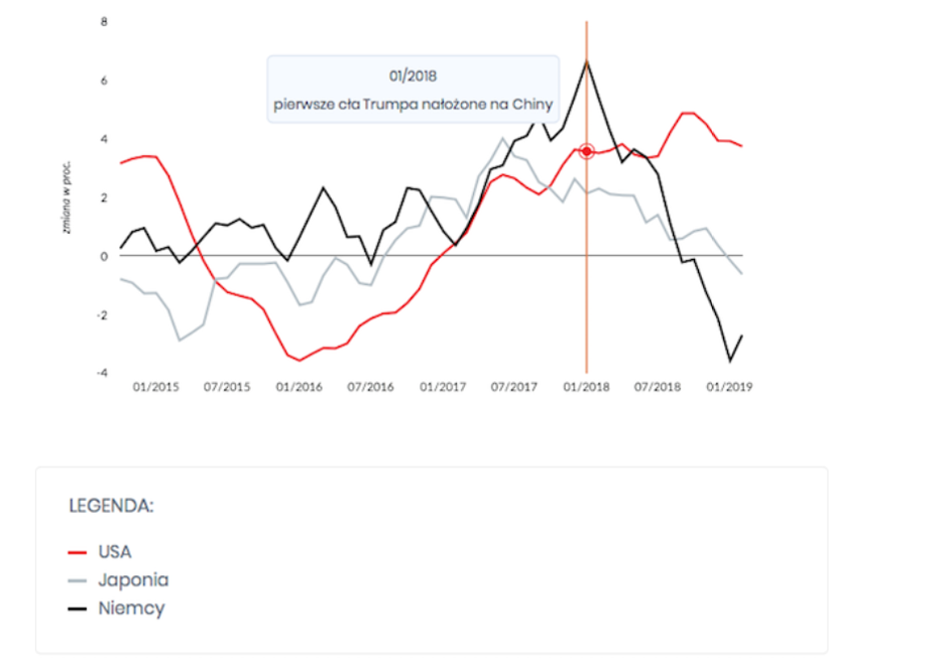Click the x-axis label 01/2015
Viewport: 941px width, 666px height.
[156, 387]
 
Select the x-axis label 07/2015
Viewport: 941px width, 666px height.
[228, 387]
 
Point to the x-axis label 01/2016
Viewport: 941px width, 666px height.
[300, 387]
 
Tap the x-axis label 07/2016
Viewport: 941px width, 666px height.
[371, 387]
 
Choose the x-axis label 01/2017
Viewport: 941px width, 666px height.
[443, 387]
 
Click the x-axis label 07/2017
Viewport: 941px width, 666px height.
[515, 387]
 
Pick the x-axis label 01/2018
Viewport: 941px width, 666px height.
[587, 387]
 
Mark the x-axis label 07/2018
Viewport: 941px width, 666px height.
[658, 387]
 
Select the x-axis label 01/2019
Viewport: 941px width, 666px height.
[730, 387]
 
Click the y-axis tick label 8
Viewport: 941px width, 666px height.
[104, 21]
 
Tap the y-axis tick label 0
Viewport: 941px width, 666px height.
[104, 256]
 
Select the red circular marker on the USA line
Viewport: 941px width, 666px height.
[587, 151]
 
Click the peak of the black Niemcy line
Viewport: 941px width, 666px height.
[587, 62]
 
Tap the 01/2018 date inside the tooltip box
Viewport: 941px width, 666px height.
[413, 75]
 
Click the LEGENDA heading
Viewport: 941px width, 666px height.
[111, 506]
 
